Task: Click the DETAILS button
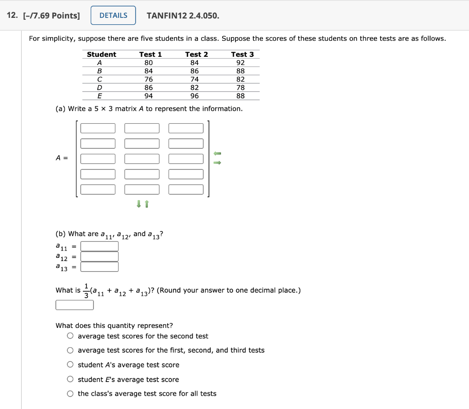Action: tap(113, 16)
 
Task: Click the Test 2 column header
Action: tap(196, 55)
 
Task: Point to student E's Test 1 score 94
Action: tap(148, 96)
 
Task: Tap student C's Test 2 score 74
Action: tap(195, 79)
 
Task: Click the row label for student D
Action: tap(99, 87)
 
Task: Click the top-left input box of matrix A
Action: tap(98, 128)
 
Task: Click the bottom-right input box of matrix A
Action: tap(186, 189)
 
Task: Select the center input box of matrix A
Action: tap(142, 159)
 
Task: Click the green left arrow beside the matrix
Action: tap(218, 153)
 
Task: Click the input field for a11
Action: tap(99, 246)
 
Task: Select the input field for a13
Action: tap(99, 267)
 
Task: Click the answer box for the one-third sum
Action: tap(75, 305)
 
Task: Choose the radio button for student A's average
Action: tap(70, 365)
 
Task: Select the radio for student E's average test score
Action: tap(70, 379)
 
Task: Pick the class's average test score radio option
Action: tap(70, 393)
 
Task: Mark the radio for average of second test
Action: tap(70, 336)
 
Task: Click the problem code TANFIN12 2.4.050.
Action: tap(183, 16)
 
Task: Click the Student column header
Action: tap(101, 55)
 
